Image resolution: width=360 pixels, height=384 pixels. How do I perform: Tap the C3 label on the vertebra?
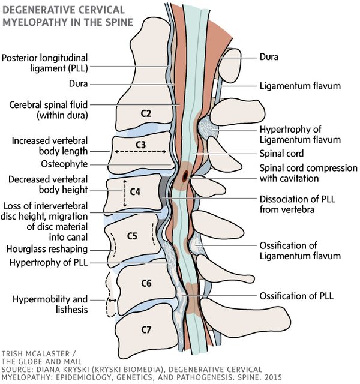click(140, 145)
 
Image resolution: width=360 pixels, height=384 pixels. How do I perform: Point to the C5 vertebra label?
click(133, 236)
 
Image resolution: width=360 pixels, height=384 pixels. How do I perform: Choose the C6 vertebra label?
click(144, 282)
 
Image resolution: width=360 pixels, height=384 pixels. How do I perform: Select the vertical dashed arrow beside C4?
click(124, 192)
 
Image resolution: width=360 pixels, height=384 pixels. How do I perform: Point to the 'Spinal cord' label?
click(281, 154)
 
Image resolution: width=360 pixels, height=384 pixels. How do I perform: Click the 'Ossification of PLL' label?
click(296, 296)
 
